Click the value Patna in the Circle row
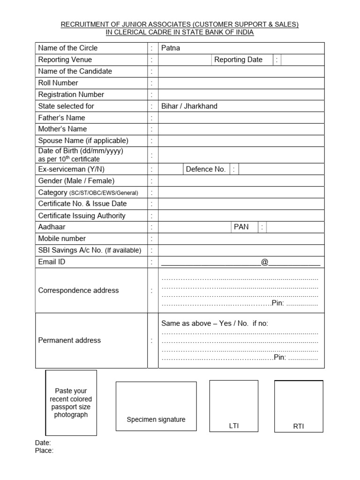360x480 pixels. point(171,48)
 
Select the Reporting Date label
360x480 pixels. point(238,60)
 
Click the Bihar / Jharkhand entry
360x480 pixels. point(189,106)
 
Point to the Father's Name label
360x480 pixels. point(61,118)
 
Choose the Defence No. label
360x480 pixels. point(206,169)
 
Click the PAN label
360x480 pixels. point(242,227)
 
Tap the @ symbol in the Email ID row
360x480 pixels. point(264,262)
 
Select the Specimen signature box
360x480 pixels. point(156,406)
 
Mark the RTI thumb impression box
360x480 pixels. point(299,406)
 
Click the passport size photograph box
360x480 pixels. point(71,403)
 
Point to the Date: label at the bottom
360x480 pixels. point(43,443)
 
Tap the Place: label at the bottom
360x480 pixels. point(45,450)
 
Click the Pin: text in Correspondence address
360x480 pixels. point(278,303)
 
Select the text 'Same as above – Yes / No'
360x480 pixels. point(205,323)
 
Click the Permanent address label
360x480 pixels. point(69,340)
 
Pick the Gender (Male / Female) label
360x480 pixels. point(76,181)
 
